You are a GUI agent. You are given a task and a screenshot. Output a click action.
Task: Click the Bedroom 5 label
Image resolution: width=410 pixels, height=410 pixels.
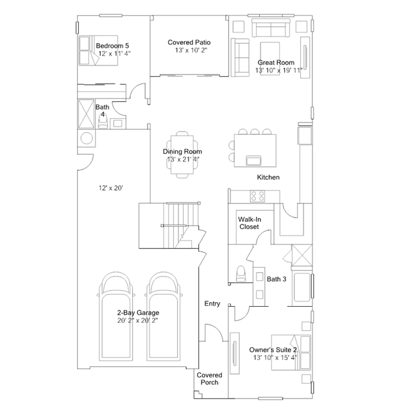(112, 46)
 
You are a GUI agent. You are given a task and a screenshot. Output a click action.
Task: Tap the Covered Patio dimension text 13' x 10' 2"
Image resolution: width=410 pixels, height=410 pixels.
(191, 50)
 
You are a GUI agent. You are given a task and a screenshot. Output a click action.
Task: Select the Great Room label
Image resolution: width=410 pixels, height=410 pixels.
(276, 62)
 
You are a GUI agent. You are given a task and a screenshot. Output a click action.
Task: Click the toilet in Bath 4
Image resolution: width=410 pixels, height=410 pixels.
(103, 121)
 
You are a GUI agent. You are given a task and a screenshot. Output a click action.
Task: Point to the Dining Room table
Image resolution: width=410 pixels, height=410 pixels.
(182, 155)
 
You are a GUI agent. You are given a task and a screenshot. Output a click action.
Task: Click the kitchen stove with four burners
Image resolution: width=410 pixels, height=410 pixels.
(257, 196)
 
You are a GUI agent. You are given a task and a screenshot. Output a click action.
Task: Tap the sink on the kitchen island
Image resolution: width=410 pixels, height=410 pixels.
(253, 160)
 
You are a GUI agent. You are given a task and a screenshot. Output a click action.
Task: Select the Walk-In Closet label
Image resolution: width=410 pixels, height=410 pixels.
(250, 223)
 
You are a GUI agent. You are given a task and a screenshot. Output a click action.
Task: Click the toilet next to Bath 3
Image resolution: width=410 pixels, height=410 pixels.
(241, 273)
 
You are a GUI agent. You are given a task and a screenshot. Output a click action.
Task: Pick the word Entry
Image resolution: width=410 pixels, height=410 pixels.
(212, 303)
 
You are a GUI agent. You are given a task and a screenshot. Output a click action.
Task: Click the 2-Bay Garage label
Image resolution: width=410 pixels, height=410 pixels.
(138, 312)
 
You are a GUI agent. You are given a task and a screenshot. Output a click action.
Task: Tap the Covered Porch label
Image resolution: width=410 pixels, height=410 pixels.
(209, 379)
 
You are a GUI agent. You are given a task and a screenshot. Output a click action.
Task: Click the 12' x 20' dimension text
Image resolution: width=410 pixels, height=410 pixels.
(110, 188)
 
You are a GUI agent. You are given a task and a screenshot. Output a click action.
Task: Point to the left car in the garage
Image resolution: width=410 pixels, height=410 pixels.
(115, 316)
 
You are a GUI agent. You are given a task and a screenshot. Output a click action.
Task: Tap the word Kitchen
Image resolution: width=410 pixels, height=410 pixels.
(268, 177)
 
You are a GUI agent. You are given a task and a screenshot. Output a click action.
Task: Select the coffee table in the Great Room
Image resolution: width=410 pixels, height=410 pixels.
(270, 58)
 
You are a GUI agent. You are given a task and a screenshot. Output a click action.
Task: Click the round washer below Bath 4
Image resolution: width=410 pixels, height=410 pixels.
(87, 138)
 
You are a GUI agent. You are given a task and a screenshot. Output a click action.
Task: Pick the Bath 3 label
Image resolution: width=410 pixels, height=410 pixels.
(277, 279)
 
